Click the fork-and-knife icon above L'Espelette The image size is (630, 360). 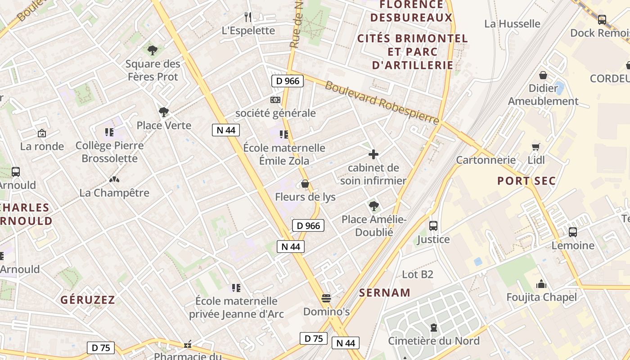[x=248, y=17]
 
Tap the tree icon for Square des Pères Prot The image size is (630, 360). [x=153, y=50]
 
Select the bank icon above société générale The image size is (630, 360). [x=275, y=99]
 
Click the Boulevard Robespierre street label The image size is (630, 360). [x=382, y=103]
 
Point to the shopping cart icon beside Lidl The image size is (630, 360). [x=535, y=147]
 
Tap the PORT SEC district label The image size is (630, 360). [x=526, y=181]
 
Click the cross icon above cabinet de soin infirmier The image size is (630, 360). [x=373, y=155]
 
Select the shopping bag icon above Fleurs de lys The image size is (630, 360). [x=305, y=184]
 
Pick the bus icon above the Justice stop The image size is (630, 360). [x=433, y=226]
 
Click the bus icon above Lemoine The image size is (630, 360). [x=573, y=232]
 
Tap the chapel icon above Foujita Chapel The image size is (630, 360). [x=541, y=284]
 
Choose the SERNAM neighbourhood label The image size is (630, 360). [x=385, y=292]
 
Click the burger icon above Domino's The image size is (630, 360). [x=326, y=298]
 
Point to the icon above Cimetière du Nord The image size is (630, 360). [x=434, y=328]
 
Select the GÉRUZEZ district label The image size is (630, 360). [x=88, y=300]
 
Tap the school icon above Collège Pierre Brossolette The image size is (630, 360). [x=109, y=132]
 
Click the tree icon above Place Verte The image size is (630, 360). [x=164, y=112]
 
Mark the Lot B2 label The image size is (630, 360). [x=417, y=274]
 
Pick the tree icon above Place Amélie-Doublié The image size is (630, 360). [x=373, y=206]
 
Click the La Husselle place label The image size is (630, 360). [x=512, y=23]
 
